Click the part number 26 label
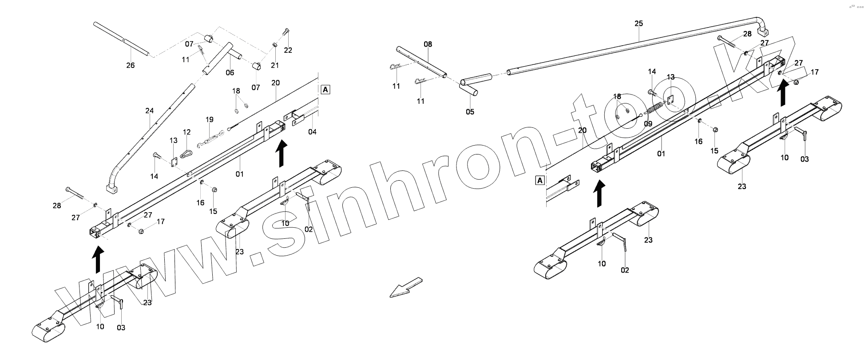pyautogui.click(x=130, y=66)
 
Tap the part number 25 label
pyautogui.click(x=639, y=24)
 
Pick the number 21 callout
pyautogui.click(x=275, y=66)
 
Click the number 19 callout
pyautogui.click(x=210, y=119)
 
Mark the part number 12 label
pyautogui.click(x=186, y=132)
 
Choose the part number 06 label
pyautogui.click(x=230, y=72)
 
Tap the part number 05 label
pyautogui.click(x=470, y=112)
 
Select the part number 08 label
pyautogui.click(x=428, y=44)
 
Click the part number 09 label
pyautogui.click(x=648, y=124)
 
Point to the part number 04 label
pyautogui.click(x=312, y=132)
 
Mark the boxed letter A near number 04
pyautogui.click(x=325, y=90)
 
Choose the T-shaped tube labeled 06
pyautogui.click(x=224, y=56)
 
